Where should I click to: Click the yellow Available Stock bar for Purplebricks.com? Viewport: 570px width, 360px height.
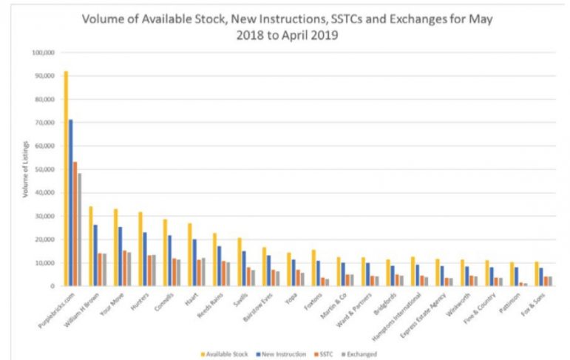(x=66, y=177)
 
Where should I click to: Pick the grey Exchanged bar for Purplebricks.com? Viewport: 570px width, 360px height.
(x=80, y=229)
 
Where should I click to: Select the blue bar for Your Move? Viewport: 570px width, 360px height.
(x=120, y=256)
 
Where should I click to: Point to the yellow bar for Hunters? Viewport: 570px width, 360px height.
(x=140, y=248)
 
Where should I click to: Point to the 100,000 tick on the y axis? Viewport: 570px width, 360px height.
(x=42, y=53)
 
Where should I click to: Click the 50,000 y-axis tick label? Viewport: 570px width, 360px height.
(x=44, y=169)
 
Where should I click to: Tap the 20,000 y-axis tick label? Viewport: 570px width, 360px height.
(x=44, y=240)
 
